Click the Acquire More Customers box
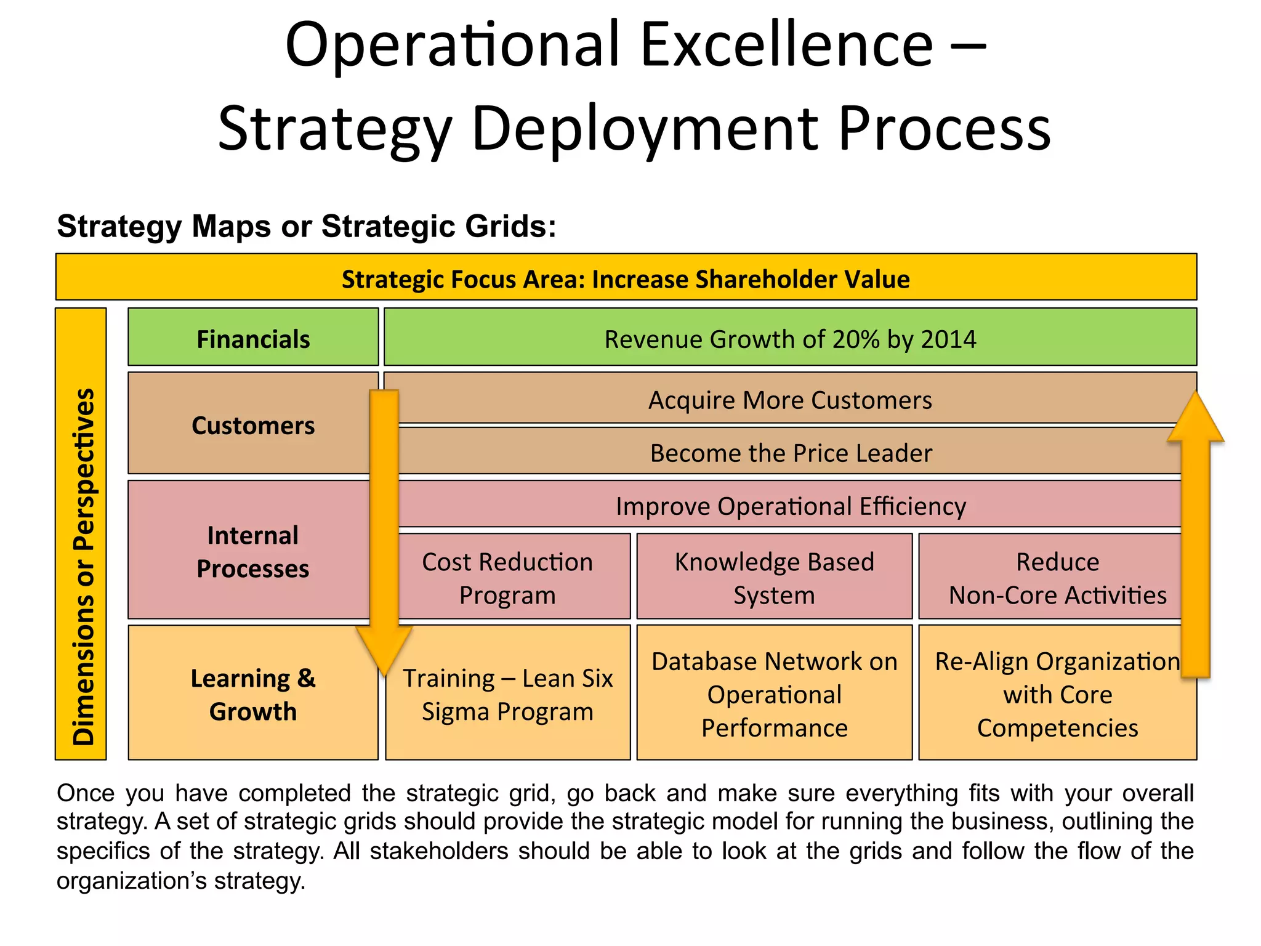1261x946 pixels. (790, 400)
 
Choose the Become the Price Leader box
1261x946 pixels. (790, 453)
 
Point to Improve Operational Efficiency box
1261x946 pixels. (790, 506)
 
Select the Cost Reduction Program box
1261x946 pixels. (507, 578)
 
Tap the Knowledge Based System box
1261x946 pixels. (774, 578)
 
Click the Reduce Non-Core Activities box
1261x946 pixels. (1057, 578)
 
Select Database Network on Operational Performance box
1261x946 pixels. (774, 694)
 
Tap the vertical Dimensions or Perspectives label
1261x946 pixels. (82, 567)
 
